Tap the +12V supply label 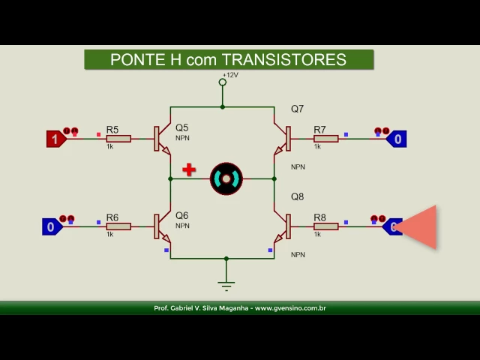(x=229, y=75)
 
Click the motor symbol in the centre (x=226, y=178)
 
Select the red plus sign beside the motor (x=189, y=169)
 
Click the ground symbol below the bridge (x=226, y=283)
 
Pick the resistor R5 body (x=118, y=139)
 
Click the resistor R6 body (x=118, y=226)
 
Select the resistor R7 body (x=325, y=139)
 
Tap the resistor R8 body (x=325, y=226)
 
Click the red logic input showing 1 (x=55, y=139)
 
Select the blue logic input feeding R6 (x=52, y=226)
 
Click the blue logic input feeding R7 (x=396, y=139)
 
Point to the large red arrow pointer (x=418, y=226)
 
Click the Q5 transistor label (x=181, y=128)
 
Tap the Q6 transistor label (x=181, y=216)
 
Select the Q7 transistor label (x=297, y=109)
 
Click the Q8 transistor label (x=297, y=197)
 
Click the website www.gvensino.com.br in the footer (x=290, y=308)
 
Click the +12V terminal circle (x=223, y=82)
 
